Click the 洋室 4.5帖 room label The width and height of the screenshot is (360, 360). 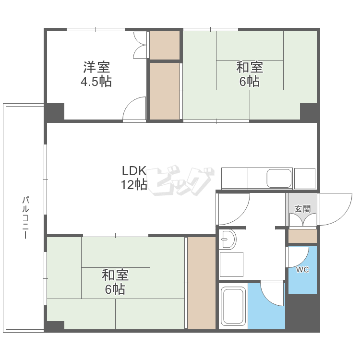[96, 74]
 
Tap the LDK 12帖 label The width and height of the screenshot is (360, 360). [134, 177]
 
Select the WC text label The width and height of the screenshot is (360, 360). [302, 270]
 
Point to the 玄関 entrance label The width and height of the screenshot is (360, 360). [302, 209]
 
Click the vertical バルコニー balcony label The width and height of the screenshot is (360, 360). [25, 217]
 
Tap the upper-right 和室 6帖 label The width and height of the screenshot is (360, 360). [250, 74]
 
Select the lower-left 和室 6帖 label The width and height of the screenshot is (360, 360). [115, 282]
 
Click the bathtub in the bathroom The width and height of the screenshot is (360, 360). [233, 306]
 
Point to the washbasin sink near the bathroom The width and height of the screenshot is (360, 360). [228, 239]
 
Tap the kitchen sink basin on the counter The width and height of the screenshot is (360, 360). [279, 179]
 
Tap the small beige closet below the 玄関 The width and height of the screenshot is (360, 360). [302, 236]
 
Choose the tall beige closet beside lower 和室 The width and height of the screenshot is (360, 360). [202, 283]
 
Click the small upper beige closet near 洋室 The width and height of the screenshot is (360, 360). [164, 45]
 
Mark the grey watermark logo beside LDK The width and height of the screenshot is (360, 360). [180, 180]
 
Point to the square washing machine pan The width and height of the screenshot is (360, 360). [231, 264]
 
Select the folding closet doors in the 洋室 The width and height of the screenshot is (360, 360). [140, 45]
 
